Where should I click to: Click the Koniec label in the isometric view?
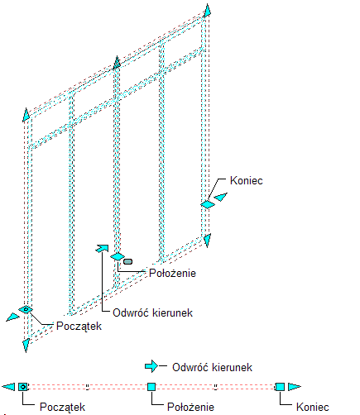click(x=246, y=181)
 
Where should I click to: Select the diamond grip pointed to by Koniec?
click(x=208, y=204)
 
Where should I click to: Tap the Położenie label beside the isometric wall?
click(x=172, y=273)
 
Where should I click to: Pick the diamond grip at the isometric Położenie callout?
click(x=118, y=256)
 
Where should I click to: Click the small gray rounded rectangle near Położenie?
click(x=127, y=261)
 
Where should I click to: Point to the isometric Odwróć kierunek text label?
click(x=152, y=313)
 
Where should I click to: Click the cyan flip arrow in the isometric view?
click(x=102, y=248)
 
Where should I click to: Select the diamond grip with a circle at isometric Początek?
click(x=26, y=309)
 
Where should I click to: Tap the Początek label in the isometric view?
click(x=79, y=327)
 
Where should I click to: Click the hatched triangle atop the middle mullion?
click(x=117, y=63)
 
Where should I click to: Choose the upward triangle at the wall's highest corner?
click(x=207, y=11)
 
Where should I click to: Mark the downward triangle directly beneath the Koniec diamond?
click(x=207, y=240)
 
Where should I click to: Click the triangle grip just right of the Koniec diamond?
click(x=221, y=197)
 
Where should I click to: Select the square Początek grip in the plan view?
click(x=23, y=387)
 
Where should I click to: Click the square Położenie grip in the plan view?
click(x=151, y=387)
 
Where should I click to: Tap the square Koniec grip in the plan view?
click(x=280, y=387)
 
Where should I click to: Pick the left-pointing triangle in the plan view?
click(x=8, y=387)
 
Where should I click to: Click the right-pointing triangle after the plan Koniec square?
click(x=295, y=387)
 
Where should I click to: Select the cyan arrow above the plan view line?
click(x=151, y=366)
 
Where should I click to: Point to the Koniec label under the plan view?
click(x=313, y=407)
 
